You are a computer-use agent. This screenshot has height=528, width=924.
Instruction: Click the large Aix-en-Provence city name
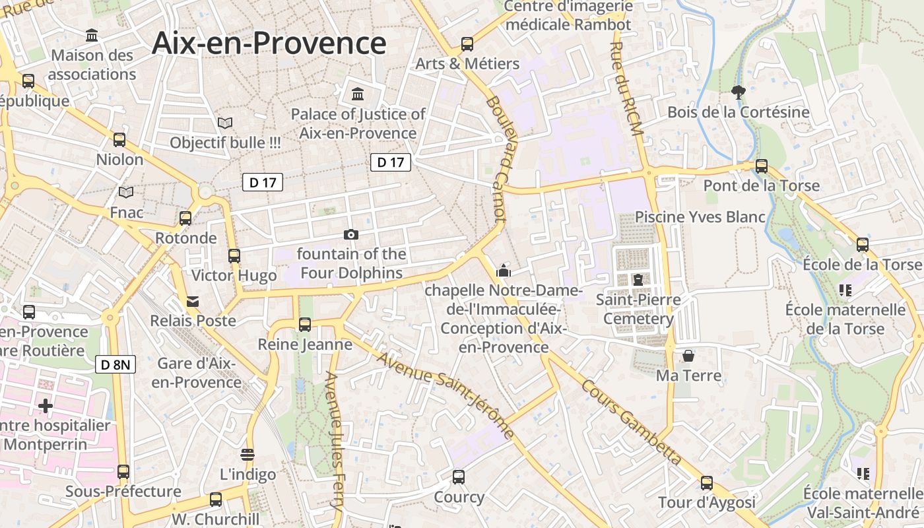pyautogui.click(x=269, y=44)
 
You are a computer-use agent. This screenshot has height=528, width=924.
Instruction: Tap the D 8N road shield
pyautogui.click(x=115, y=364)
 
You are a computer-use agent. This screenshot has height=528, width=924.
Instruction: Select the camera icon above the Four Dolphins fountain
pyautogui.click(x=351, y=234)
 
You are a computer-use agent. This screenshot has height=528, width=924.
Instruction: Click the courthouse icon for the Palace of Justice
pyautogui.click(x=358, y=94)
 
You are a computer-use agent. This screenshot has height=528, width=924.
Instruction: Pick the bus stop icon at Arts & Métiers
pyautogui.click(x=467, y=44)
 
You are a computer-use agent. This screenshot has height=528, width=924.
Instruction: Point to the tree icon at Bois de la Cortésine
pyautogui.click(x=739, y=92)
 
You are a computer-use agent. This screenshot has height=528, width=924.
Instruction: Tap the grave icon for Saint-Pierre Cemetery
pyautogui.click(x=638, y=280)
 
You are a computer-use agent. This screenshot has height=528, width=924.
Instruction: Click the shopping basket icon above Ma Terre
pyautogui.click(x=688, y=356)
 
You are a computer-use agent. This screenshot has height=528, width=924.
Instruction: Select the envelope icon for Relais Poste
pyautogui.click(x=193, y=302)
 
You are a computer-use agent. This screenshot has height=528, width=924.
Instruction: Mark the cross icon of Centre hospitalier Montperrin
pyautogui.click(x=46, y=405)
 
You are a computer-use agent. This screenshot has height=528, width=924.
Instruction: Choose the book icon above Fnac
pyautogui.click(x=125, y=193)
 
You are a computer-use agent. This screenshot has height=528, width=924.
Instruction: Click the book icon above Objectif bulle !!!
pyautogui.click(x=225, y=123)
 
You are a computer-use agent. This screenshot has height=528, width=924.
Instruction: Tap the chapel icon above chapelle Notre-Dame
pyautogui.click(x=504, y=270)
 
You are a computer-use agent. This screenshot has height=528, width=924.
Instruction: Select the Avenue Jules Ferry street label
pyautogui.click(x=335, y=442)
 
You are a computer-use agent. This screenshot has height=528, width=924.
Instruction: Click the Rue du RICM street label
pyautogui.click(x=626, y=89)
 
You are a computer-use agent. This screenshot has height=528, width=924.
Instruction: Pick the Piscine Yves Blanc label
pyautogui.click(x=700, y=217)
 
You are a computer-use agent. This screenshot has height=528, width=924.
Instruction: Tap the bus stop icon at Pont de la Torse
pyautogui.click(x=762, y=166)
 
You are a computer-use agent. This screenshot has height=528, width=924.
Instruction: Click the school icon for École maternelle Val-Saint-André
pyautogui.click(x=863, y=473)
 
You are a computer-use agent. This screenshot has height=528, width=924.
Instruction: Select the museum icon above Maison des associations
pyautogui.click(x=92, y=35)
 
